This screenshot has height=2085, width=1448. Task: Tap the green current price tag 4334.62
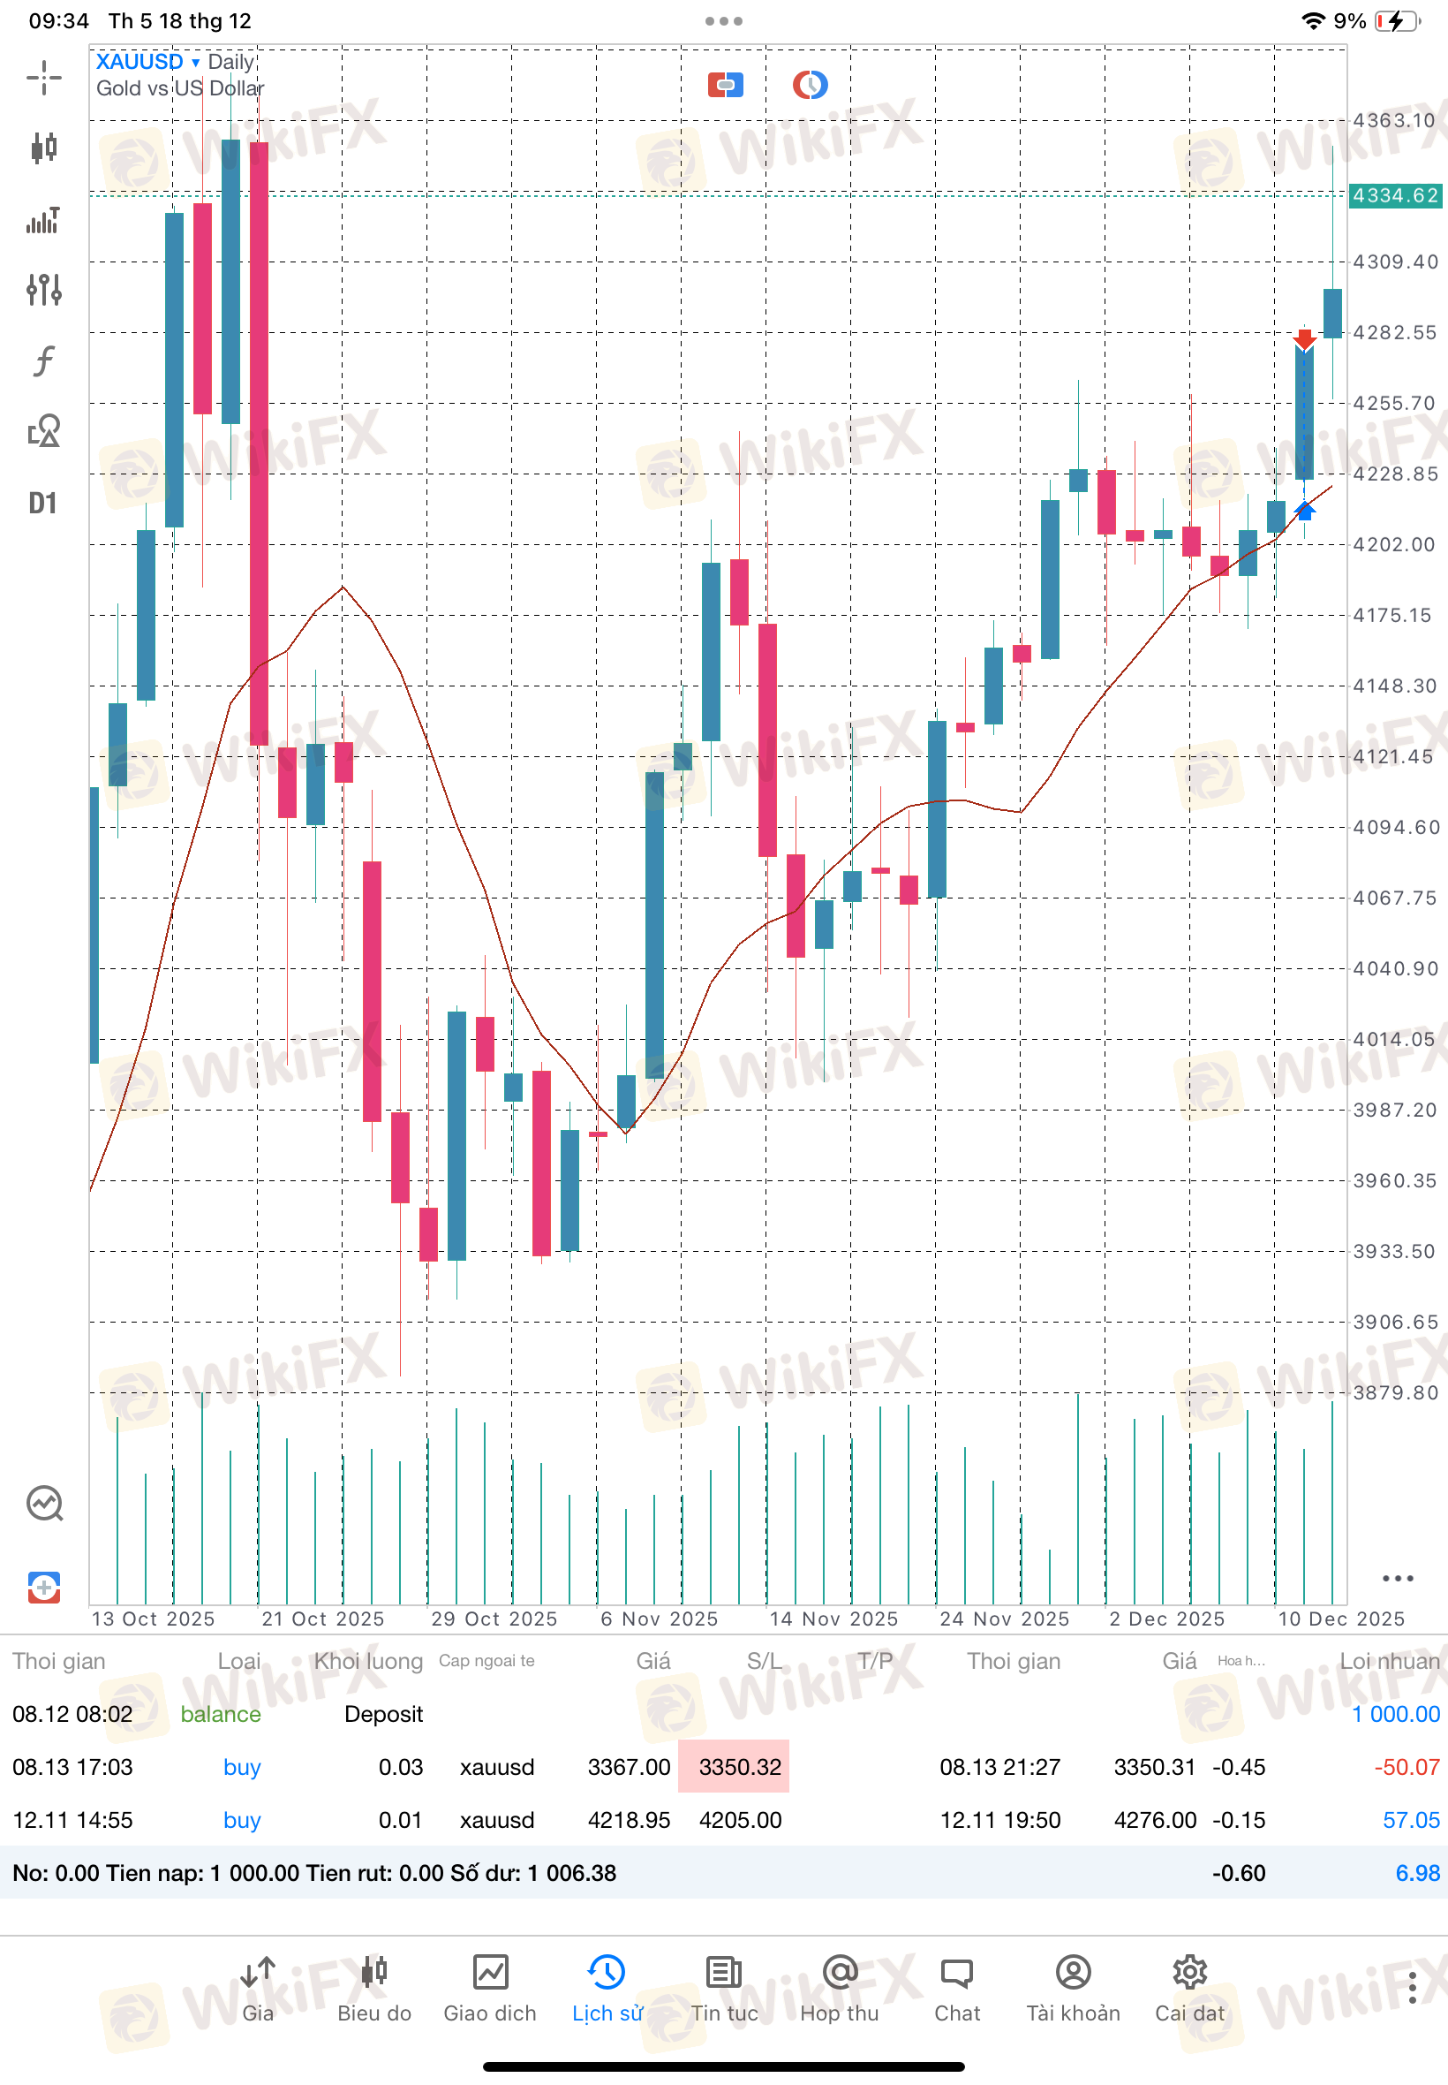point(1394,195)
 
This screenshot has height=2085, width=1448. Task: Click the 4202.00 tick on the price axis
point(1394,544)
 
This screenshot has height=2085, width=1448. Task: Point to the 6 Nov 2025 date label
point(659,1619)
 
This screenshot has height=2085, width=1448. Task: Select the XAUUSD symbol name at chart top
point(140,62)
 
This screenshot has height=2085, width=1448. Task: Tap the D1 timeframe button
point(42,503)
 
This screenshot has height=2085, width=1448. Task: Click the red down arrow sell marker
point(1304,339)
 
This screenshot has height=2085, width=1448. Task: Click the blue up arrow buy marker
point(1304,511)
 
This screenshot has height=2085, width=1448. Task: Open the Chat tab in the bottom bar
point(956,1988)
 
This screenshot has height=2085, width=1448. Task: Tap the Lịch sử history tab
point(607,1988)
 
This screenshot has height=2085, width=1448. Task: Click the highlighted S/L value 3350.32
point(739,1766)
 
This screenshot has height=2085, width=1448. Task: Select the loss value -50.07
point(1407,1766)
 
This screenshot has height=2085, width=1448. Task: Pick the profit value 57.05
point(1411,1819)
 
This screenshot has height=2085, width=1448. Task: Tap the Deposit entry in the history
point(384,1714)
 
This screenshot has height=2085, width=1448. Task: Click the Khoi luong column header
point(368,1661)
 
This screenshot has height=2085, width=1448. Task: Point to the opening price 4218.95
point(629,1819)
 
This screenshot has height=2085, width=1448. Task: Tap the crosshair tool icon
point(43,77)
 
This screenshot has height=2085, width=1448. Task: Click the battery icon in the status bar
point(1397,21)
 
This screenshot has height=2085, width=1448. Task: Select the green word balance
point(221,1714)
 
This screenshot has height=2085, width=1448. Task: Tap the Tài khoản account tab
point(1073,1988)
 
